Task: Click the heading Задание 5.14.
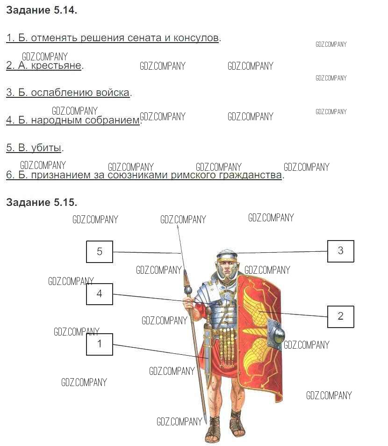(x=41, y=11)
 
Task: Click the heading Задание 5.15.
(x=41, y=203)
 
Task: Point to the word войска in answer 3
(x=113, y=93)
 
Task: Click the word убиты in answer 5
(x=46, y=148)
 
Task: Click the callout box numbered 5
(x=99, y=251)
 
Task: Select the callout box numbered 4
(x=99, y=294)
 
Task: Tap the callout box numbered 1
(x=99, y=344)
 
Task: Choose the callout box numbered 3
(x=340, y=251)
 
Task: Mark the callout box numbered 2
(x=340, y=316)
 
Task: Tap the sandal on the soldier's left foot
(x=237, y=428)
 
